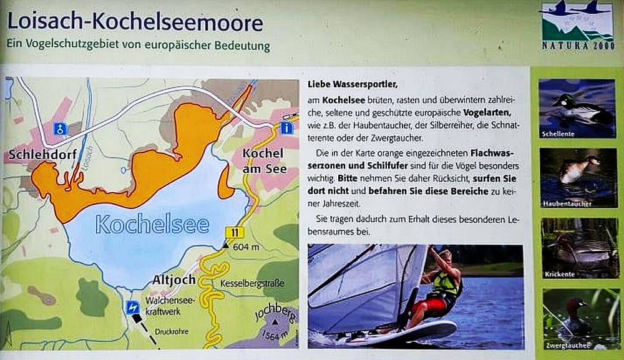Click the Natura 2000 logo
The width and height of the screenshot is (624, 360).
coord(576,26)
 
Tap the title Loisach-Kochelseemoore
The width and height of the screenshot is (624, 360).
coord(135,22)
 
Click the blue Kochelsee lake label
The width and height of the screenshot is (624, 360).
coord(152,225)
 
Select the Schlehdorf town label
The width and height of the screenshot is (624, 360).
coord(42,154)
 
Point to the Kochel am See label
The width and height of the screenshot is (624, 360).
coord(264,161)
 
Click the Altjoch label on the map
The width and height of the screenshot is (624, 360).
coord(174,280)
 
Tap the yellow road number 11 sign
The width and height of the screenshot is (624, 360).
coord(235,233)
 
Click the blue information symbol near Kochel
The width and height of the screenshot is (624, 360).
coord(286,128)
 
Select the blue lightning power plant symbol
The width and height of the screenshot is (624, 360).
coord(132,308)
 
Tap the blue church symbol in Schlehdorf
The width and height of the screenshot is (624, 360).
coord(60,129)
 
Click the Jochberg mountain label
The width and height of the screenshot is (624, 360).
coord(275,312)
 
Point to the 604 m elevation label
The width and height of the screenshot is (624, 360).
coord(246,247)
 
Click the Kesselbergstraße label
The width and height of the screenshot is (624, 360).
coord(252,283)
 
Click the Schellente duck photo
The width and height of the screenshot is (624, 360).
coord(577,109)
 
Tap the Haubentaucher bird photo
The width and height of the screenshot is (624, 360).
coord(578,178)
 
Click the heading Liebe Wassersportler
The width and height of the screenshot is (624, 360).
coord(353,84)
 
